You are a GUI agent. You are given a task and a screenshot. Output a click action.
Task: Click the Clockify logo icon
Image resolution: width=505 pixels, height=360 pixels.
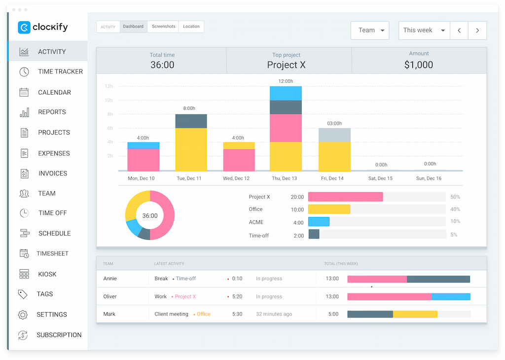24,28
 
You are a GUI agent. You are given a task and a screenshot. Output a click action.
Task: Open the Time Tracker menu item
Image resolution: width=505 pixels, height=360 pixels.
60,72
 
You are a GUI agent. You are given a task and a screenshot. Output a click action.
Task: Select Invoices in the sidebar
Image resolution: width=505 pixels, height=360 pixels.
52,173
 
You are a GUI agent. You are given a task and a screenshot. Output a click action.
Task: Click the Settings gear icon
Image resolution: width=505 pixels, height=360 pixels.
23,315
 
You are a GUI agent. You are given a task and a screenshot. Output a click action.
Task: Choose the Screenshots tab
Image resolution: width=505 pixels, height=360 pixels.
163,27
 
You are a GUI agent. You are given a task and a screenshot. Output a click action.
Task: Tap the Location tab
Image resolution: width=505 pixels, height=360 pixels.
191,27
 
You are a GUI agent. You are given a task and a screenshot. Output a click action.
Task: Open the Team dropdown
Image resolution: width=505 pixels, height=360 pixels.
370,30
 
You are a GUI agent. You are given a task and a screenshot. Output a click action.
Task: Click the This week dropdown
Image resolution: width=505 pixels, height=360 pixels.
424,30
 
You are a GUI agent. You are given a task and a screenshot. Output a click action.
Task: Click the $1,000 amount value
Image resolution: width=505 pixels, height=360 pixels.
419,65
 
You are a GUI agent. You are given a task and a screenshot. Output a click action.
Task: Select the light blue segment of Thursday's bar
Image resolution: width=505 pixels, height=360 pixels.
286,93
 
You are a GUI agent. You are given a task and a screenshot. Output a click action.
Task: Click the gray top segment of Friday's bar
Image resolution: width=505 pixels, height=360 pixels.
334,135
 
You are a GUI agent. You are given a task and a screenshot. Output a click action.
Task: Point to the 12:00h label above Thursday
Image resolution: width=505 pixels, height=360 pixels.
286,81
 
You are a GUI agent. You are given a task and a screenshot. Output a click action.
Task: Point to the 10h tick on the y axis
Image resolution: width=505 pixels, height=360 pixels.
108,100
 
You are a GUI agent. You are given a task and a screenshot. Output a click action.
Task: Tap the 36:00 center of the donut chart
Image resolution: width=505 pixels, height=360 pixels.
150,216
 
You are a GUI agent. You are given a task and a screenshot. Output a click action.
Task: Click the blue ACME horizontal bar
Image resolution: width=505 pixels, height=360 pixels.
319,222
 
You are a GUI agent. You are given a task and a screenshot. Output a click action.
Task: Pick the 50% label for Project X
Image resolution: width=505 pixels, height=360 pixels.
455,197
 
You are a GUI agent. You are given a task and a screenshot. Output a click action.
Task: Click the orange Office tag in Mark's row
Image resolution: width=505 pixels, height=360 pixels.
203,314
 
